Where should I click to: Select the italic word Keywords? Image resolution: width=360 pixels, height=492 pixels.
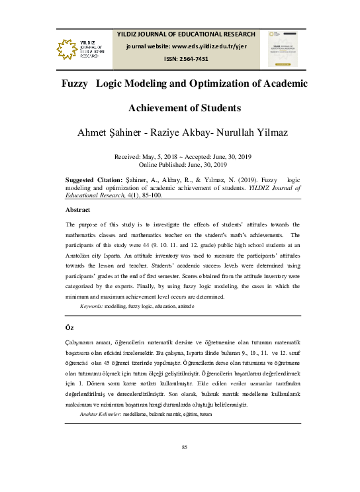[x=91, y=307]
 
